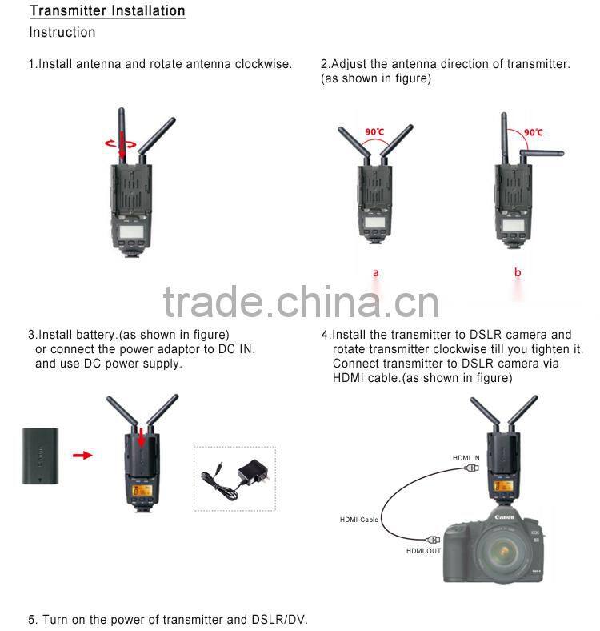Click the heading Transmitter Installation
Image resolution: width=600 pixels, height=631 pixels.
coord(107,11)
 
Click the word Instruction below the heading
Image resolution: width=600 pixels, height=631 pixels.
coord(62,33)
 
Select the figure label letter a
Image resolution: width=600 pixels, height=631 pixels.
coord(376,273)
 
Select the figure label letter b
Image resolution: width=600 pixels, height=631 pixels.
coord(518,273)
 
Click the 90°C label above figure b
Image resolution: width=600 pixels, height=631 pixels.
coord(534,132)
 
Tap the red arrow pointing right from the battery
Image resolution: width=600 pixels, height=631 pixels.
coord(82,455)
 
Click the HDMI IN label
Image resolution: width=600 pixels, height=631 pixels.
coord(466,457)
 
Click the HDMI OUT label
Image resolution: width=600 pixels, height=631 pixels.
coord(423,550)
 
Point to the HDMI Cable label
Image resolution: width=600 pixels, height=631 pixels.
coord(358,520)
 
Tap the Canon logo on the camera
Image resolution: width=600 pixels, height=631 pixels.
coord(503,517)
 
